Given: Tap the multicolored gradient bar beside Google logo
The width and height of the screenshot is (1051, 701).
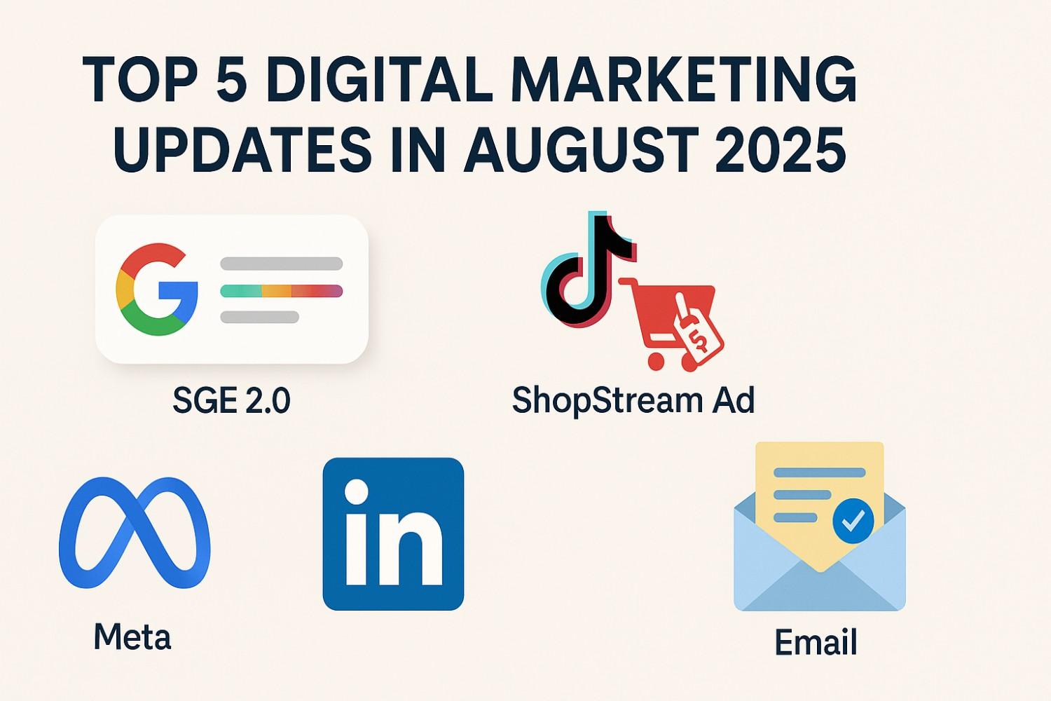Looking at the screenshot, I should pos(281,291).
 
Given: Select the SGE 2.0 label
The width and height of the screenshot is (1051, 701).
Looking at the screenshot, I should pos(231,401).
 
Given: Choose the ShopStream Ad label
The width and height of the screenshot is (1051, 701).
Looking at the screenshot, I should pos(633,400).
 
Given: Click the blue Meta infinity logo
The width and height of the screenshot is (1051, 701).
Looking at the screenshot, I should pos(135,532).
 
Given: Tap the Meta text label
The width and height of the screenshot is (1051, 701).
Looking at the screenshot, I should pos(132,637).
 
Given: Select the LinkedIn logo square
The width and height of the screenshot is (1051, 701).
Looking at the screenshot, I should pos(393,533).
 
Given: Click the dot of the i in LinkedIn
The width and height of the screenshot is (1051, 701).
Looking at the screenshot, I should pos(357,491).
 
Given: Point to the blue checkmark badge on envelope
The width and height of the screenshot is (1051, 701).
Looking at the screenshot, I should pos(853,521).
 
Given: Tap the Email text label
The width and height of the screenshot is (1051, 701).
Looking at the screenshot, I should pos(816,642).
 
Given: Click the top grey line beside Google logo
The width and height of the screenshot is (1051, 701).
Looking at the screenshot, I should pos(281,264).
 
